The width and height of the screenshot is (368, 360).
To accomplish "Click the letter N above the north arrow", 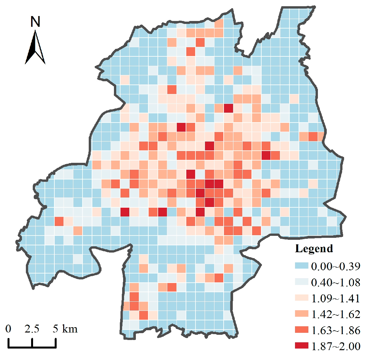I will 35,22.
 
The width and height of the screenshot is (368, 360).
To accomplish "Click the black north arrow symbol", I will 35,47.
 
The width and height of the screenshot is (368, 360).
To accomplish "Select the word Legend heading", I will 314,249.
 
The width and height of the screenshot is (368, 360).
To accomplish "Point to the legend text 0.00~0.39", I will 336,266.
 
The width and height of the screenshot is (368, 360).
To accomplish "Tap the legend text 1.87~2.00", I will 336,346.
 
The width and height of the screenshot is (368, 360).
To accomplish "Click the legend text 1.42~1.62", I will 336,314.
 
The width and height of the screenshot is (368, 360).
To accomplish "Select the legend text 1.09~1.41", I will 336,298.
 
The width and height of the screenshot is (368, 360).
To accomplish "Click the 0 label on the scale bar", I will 8,329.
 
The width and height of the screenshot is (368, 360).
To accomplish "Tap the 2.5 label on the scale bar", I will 32,329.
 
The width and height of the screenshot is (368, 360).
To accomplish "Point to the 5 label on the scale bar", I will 55,329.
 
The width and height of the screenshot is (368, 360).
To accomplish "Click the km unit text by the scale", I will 69,329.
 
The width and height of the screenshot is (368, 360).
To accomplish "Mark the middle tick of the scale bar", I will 32,343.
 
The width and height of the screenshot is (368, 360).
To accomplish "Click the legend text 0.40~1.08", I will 336,282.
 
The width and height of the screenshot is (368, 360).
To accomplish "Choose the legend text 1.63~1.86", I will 336,331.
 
